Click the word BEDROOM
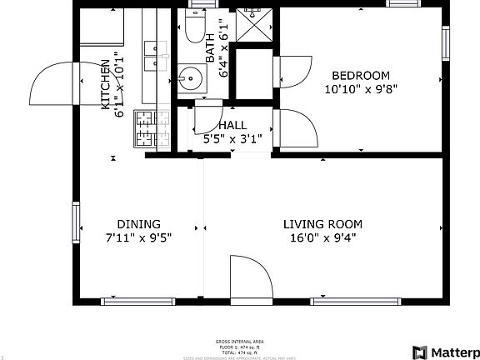(360, 75)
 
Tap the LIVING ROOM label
(322, 224)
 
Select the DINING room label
(138, 224)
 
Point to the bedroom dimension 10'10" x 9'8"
(360, 88)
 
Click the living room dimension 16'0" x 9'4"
(322, 237)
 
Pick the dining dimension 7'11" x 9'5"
(138, 237)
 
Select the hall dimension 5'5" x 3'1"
(238, 139)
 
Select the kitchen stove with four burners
(151, 128)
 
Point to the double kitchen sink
(152, 57)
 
